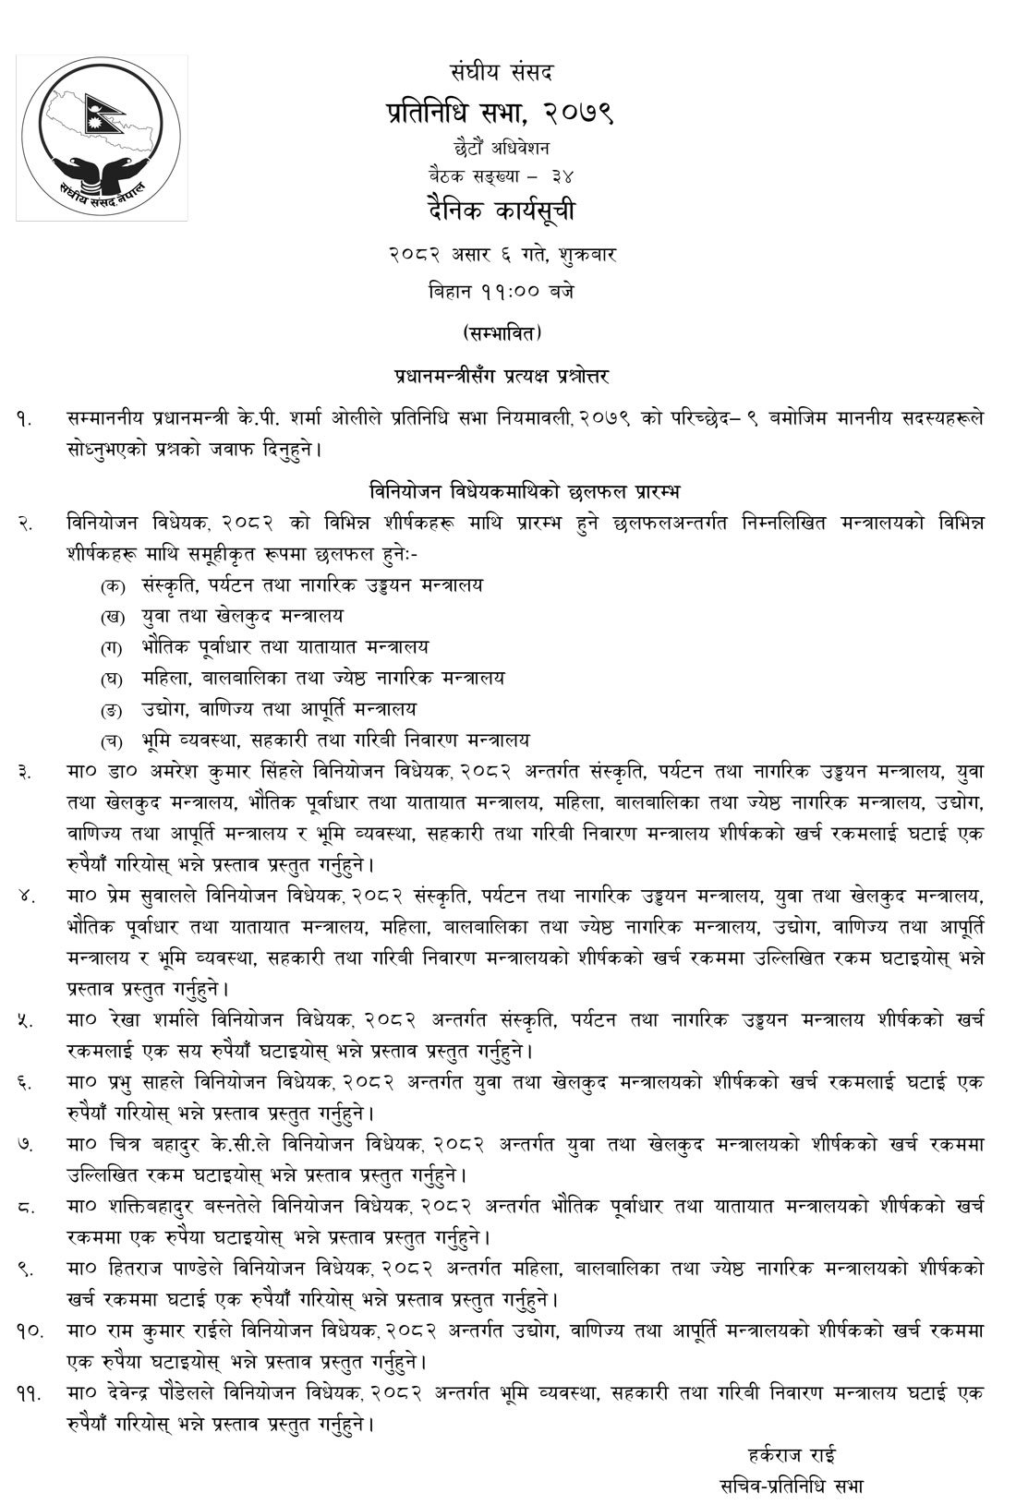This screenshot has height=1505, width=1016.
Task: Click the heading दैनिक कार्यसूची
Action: (x=502, y=211)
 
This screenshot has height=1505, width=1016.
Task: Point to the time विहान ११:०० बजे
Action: (x=502, y=291)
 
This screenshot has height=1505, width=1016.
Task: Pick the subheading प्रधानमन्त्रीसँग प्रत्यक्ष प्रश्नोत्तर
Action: (x=501, y=376)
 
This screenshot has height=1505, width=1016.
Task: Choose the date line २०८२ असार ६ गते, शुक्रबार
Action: (x=502, y=255)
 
